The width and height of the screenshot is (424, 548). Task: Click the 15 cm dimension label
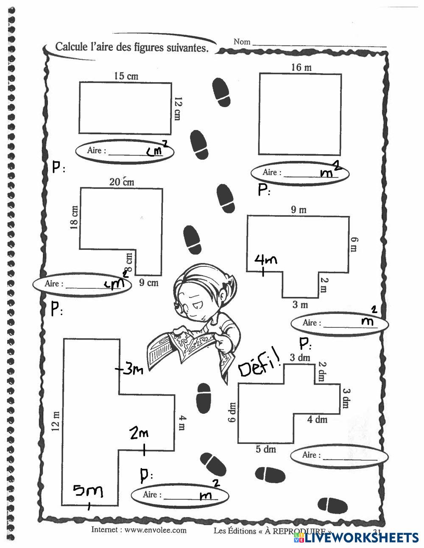(x=126, y=76)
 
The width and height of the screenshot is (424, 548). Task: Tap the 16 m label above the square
(x=301, y=67)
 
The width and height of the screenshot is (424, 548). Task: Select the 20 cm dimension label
(x=122, y=182)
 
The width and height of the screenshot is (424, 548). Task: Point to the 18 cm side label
(x=75, y=218)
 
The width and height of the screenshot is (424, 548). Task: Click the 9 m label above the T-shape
(x=298, y=209)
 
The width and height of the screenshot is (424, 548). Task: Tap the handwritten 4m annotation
(x=265, y=259)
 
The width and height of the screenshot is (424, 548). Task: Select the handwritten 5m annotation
(x=88, y=491)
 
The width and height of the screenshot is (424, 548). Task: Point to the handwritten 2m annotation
(x=139, y=433)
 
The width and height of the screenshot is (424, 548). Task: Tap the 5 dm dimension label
(x=266, y=449)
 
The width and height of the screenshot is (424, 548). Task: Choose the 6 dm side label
(x=232, y=413)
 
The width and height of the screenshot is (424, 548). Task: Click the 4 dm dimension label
(x=317, y=419)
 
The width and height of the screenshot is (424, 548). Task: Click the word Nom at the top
(x=242, y=42)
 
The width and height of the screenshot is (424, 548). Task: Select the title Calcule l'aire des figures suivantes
(x=132, y=47)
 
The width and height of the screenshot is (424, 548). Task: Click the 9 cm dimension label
(x=148, y=282)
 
